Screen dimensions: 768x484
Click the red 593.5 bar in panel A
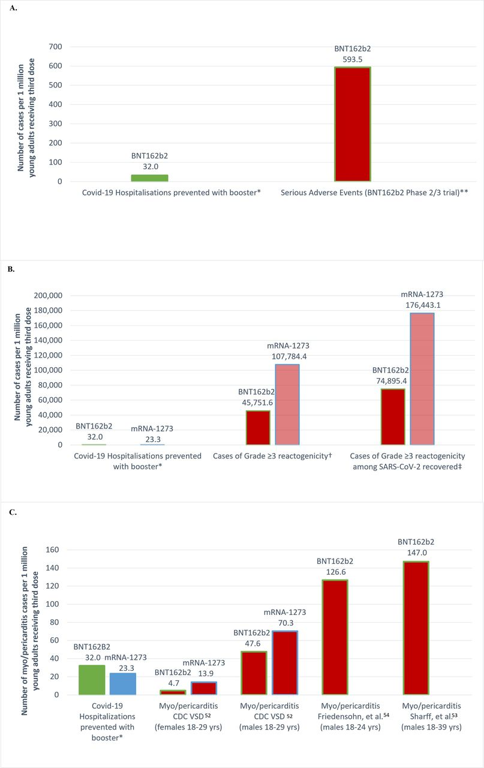click(353, 124)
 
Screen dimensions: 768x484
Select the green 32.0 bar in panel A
click(149, 178)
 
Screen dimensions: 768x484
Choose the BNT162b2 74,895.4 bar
click(392, 417)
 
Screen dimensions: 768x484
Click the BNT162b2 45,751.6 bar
click(258, 428)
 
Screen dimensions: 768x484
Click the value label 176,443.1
click(422, 304)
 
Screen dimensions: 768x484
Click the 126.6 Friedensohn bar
click(335, 637)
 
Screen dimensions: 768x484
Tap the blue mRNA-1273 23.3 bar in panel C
click(122, 684)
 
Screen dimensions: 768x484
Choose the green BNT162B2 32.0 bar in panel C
click(92, 680)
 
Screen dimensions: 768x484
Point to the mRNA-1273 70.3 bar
click(285, 662)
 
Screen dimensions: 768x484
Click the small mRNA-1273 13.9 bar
click(204, 688)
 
